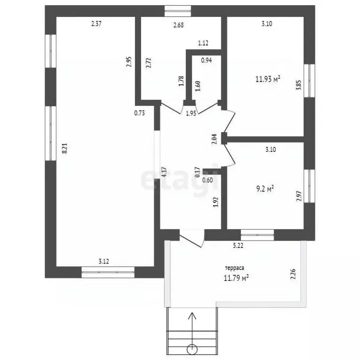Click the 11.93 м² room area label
click(x=268, y=79)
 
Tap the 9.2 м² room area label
click(x=265, y=189)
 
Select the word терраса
click(x=235, y=268)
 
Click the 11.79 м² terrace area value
click(x=236, y=277)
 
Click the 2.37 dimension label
click(x=97, y=24)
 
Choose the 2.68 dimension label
click(x=178, y=25)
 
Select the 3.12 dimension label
click(x=104, y=262)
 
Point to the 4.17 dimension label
click(x=164, y=172)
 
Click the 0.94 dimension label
click(x=206, y=60)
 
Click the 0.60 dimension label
click(x=207, y=180)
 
